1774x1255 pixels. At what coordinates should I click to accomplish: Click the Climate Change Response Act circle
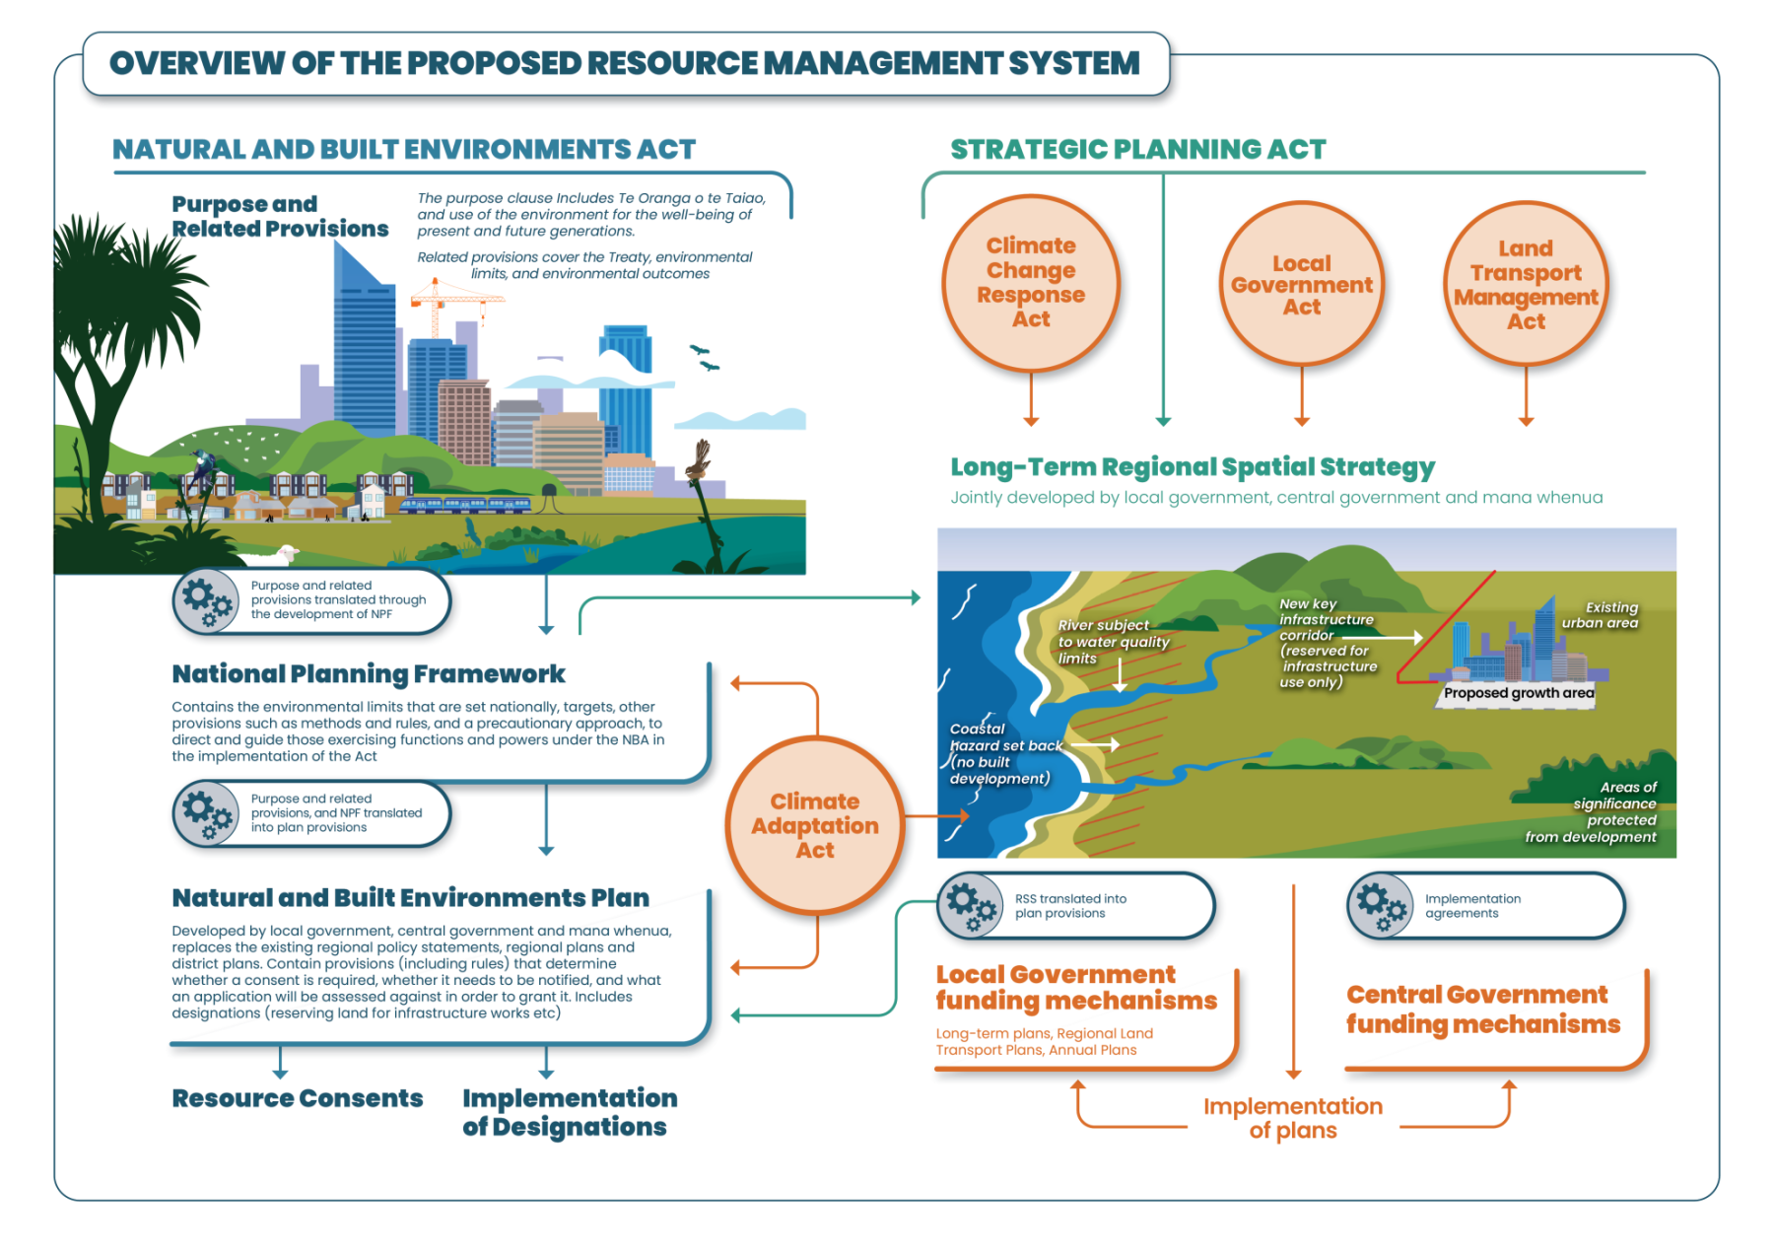tap(1031, 283)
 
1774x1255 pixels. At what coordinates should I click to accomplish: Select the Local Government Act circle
tap(1301, 285)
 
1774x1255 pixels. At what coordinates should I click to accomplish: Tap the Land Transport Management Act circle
tap(1526, 285)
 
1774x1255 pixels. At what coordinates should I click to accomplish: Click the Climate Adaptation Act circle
tap(815, 825)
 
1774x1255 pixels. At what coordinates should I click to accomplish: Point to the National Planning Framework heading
tap(369, 674)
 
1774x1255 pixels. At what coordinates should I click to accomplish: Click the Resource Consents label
tap(298, 1098)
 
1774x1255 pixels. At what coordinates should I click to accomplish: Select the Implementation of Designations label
tap(570, 1112)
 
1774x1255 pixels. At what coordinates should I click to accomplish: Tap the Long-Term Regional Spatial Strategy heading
tap(1193, 467)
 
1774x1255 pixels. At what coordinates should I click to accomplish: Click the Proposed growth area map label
tap(1518, 693)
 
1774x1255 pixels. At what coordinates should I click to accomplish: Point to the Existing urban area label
tap(1600, 615)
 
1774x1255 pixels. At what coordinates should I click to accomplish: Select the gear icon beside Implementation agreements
tap(1381, 905)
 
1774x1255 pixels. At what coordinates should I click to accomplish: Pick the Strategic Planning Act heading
tap(1138, 150)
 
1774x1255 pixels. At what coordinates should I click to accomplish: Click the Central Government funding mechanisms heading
tap(1482, 1010)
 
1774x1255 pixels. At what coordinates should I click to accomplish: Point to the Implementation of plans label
tap(1293, 1118)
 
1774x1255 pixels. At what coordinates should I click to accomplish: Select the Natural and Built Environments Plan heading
tap(410, 898)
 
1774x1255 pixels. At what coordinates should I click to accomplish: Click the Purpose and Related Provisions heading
tap(280, 217)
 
